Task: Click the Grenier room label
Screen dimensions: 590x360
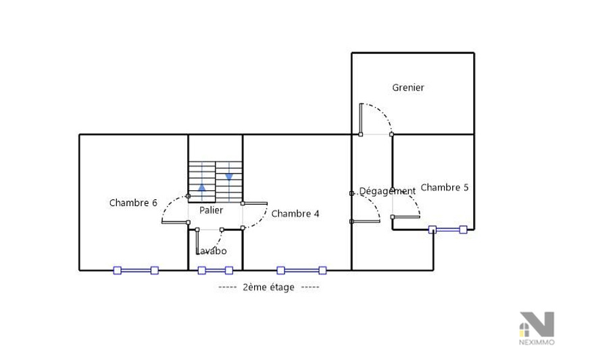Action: pos(408,88)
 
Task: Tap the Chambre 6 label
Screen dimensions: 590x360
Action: pos(133,203)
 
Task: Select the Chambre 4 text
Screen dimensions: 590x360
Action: pos(295,213)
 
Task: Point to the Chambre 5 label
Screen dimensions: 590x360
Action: pos(445,187)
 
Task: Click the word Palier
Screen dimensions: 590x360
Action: pos(211,210)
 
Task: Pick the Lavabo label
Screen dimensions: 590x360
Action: pos(212,251)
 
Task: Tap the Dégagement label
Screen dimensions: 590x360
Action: pos(387,191)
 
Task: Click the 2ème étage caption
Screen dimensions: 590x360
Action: pos(269,288)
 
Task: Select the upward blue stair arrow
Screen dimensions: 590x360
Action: pos(202,187)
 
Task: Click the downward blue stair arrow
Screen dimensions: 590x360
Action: pos(229,177)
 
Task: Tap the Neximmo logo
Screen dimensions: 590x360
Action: pos(537,328)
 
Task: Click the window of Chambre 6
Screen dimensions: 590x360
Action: pos(136,270)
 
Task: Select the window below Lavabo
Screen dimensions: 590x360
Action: pos(215,270)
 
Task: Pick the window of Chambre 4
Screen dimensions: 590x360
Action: pos(301,270)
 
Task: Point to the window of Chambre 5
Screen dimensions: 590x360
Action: pos(448,230)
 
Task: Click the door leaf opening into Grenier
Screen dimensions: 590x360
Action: pos(361,118)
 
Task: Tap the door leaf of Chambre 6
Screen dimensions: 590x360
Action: pos(175,222)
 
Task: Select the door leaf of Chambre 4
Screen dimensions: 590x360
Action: pos(255,203)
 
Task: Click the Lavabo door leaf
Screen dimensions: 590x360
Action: pos(197,242)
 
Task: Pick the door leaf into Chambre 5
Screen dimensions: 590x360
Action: pos(406,217)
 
